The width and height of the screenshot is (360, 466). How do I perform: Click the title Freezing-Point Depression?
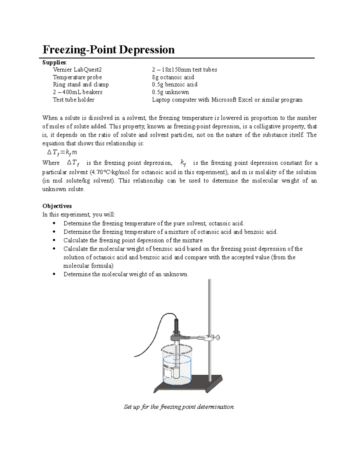click(x=108, y=50)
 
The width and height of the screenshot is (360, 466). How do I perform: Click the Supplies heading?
click(x=54, y=62)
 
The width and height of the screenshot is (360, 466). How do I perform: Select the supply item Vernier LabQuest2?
click(x=77, y=70)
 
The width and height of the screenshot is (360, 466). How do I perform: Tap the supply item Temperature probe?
click(x=77, y=77)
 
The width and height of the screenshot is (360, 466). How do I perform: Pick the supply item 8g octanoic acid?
click(x=173, y=77)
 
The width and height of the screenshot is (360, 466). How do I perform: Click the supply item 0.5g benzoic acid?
click(x=175, y=85)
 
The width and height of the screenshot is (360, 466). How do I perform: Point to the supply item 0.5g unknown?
click(x=170, y=92)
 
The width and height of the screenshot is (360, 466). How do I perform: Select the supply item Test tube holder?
click(x=73, y=100)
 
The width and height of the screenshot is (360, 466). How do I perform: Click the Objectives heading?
click(x=57, y=206)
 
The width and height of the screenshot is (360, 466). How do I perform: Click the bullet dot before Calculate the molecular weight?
click(x=54, y=249)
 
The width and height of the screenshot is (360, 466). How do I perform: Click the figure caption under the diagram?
click(x=179, y=407)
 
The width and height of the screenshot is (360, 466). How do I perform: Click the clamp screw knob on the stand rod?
click(x=217, y=338)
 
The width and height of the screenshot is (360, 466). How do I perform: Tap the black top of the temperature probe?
click(x=176, y=325)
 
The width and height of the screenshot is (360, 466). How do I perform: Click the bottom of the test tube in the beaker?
click(x=176, y=377)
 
